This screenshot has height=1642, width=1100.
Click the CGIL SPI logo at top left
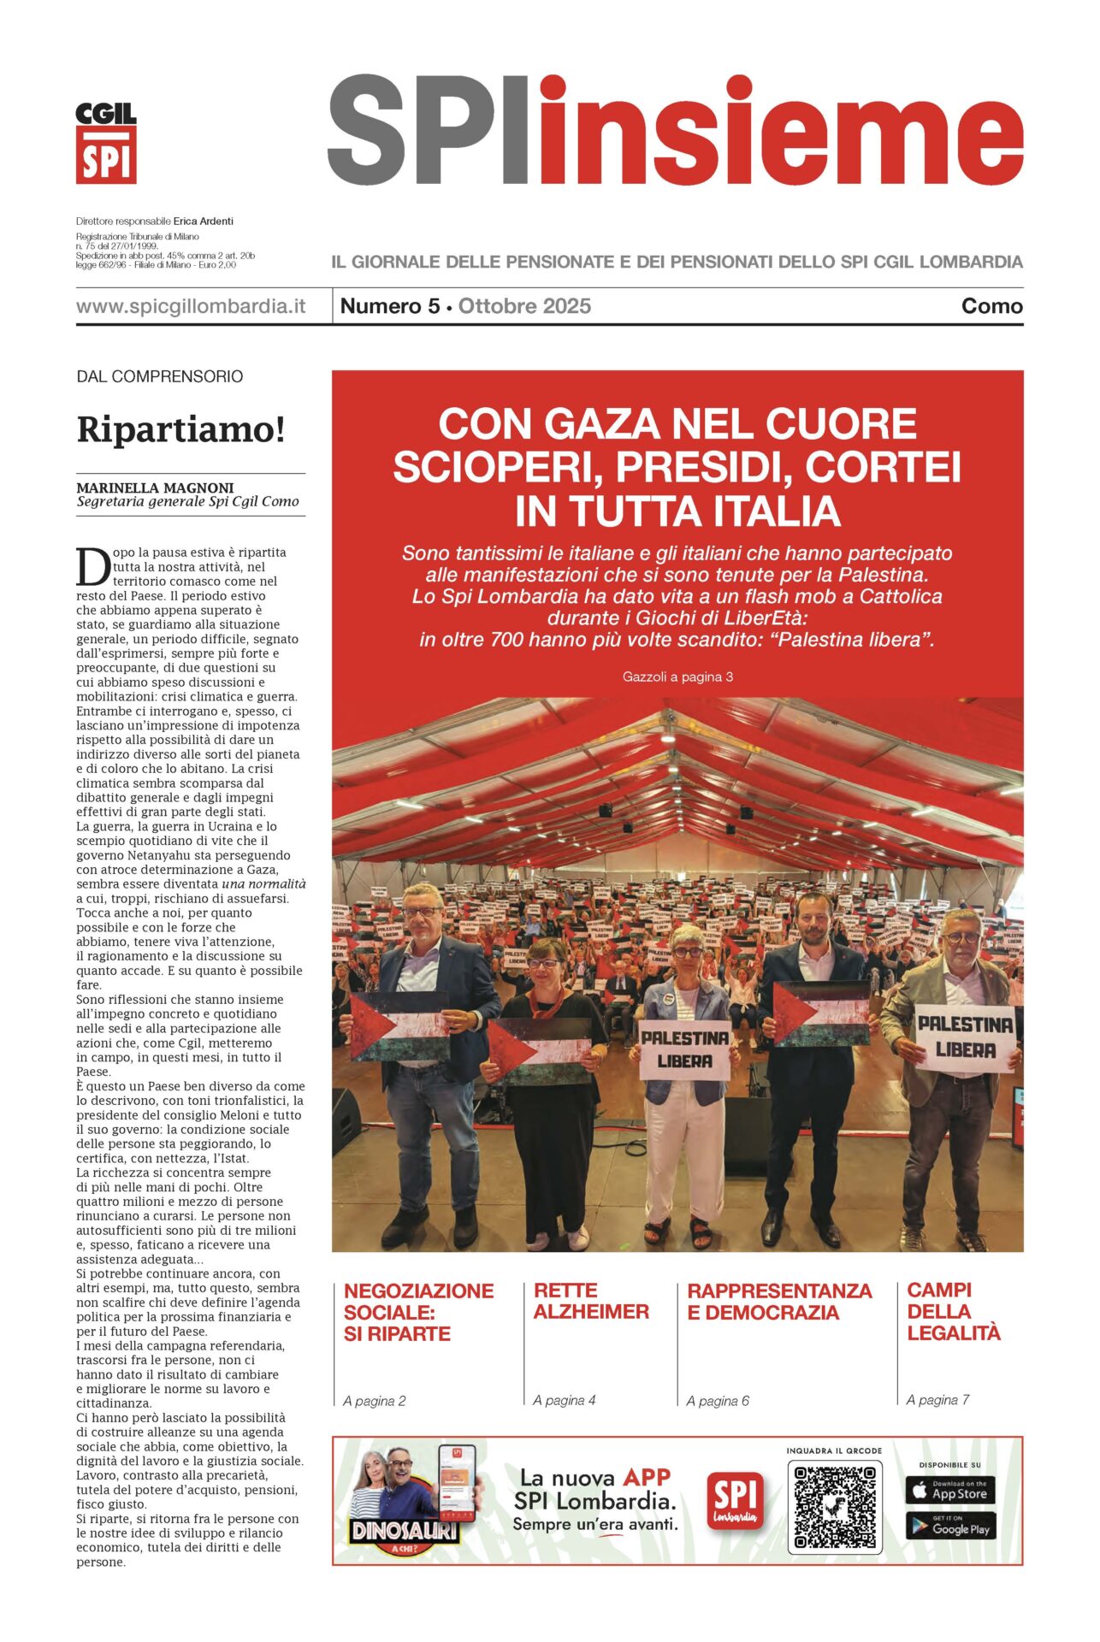pyautogui.click(x=106, y=143)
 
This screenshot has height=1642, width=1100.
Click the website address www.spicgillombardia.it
pyautogui.click(x=191, y=306)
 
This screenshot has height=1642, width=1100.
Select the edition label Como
pyautogui.click(x=991, y=306)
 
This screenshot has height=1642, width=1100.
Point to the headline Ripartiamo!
pyautogui.click(x=180, y=429)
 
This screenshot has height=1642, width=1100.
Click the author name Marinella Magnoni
pyautogui.click(x=155, y=487)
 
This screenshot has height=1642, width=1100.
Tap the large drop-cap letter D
pyautogui.click(x=92, y=566)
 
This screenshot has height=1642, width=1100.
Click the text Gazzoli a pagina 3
pyautogui.click(x=677, y=676)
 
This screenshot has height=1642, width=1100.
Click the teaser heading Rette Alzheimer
pyautogui.click(x=591, y=1301)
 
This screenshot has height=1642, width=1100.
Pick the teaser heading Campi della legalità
pyautogui.click(x=953, y=1311)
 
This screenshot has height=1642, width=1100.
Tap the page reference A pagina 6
pyautogui.click(x=718, y=1400)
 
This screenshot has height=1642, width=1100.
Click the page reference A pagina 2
pyautogui.click(x=375, y=1400)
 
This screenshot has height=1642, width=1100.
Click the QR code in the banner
pyautogui.click(x=834, y=1507)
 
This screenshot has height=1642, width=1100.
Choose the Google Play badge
pyautogui.click(x=949, y=1527)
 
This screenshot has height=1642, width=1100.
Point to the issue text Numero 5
pyautogui.click(x=389, y=306)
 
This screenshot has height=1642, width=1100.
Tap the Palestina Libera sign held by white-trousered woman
pyautogui.click(x=685, y=1048)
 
